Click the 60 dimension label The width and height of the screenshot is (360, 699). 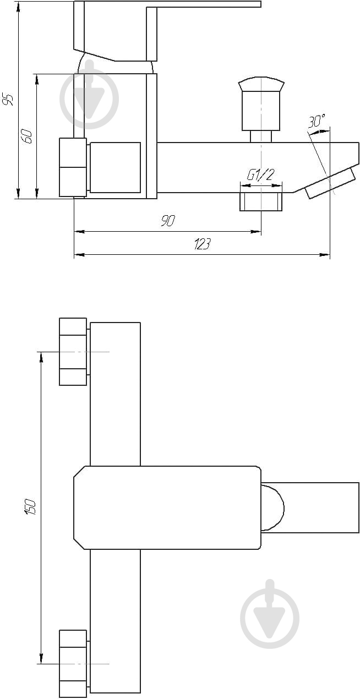tap(27, 136)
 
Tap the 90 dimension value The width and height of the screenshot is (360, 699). tap(168, 220)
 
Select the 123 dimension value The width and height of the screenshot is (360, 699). tap(202, 244)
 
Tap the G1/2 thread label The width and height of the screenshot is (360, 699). tap(261, 175)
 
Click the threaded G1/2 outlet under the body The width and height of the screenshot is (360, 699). tap(261, 201)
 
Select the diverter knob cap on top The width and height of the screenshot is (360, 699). tap(261, 84)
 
